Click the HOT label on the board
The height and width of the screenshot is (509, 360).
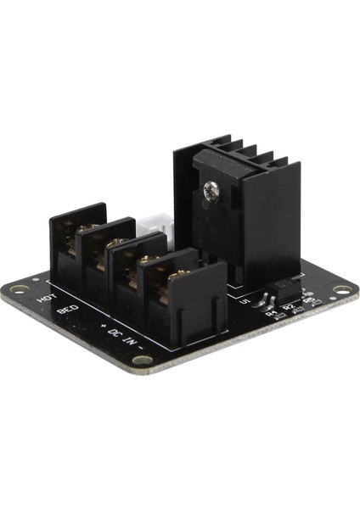(x=46, y=300)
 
